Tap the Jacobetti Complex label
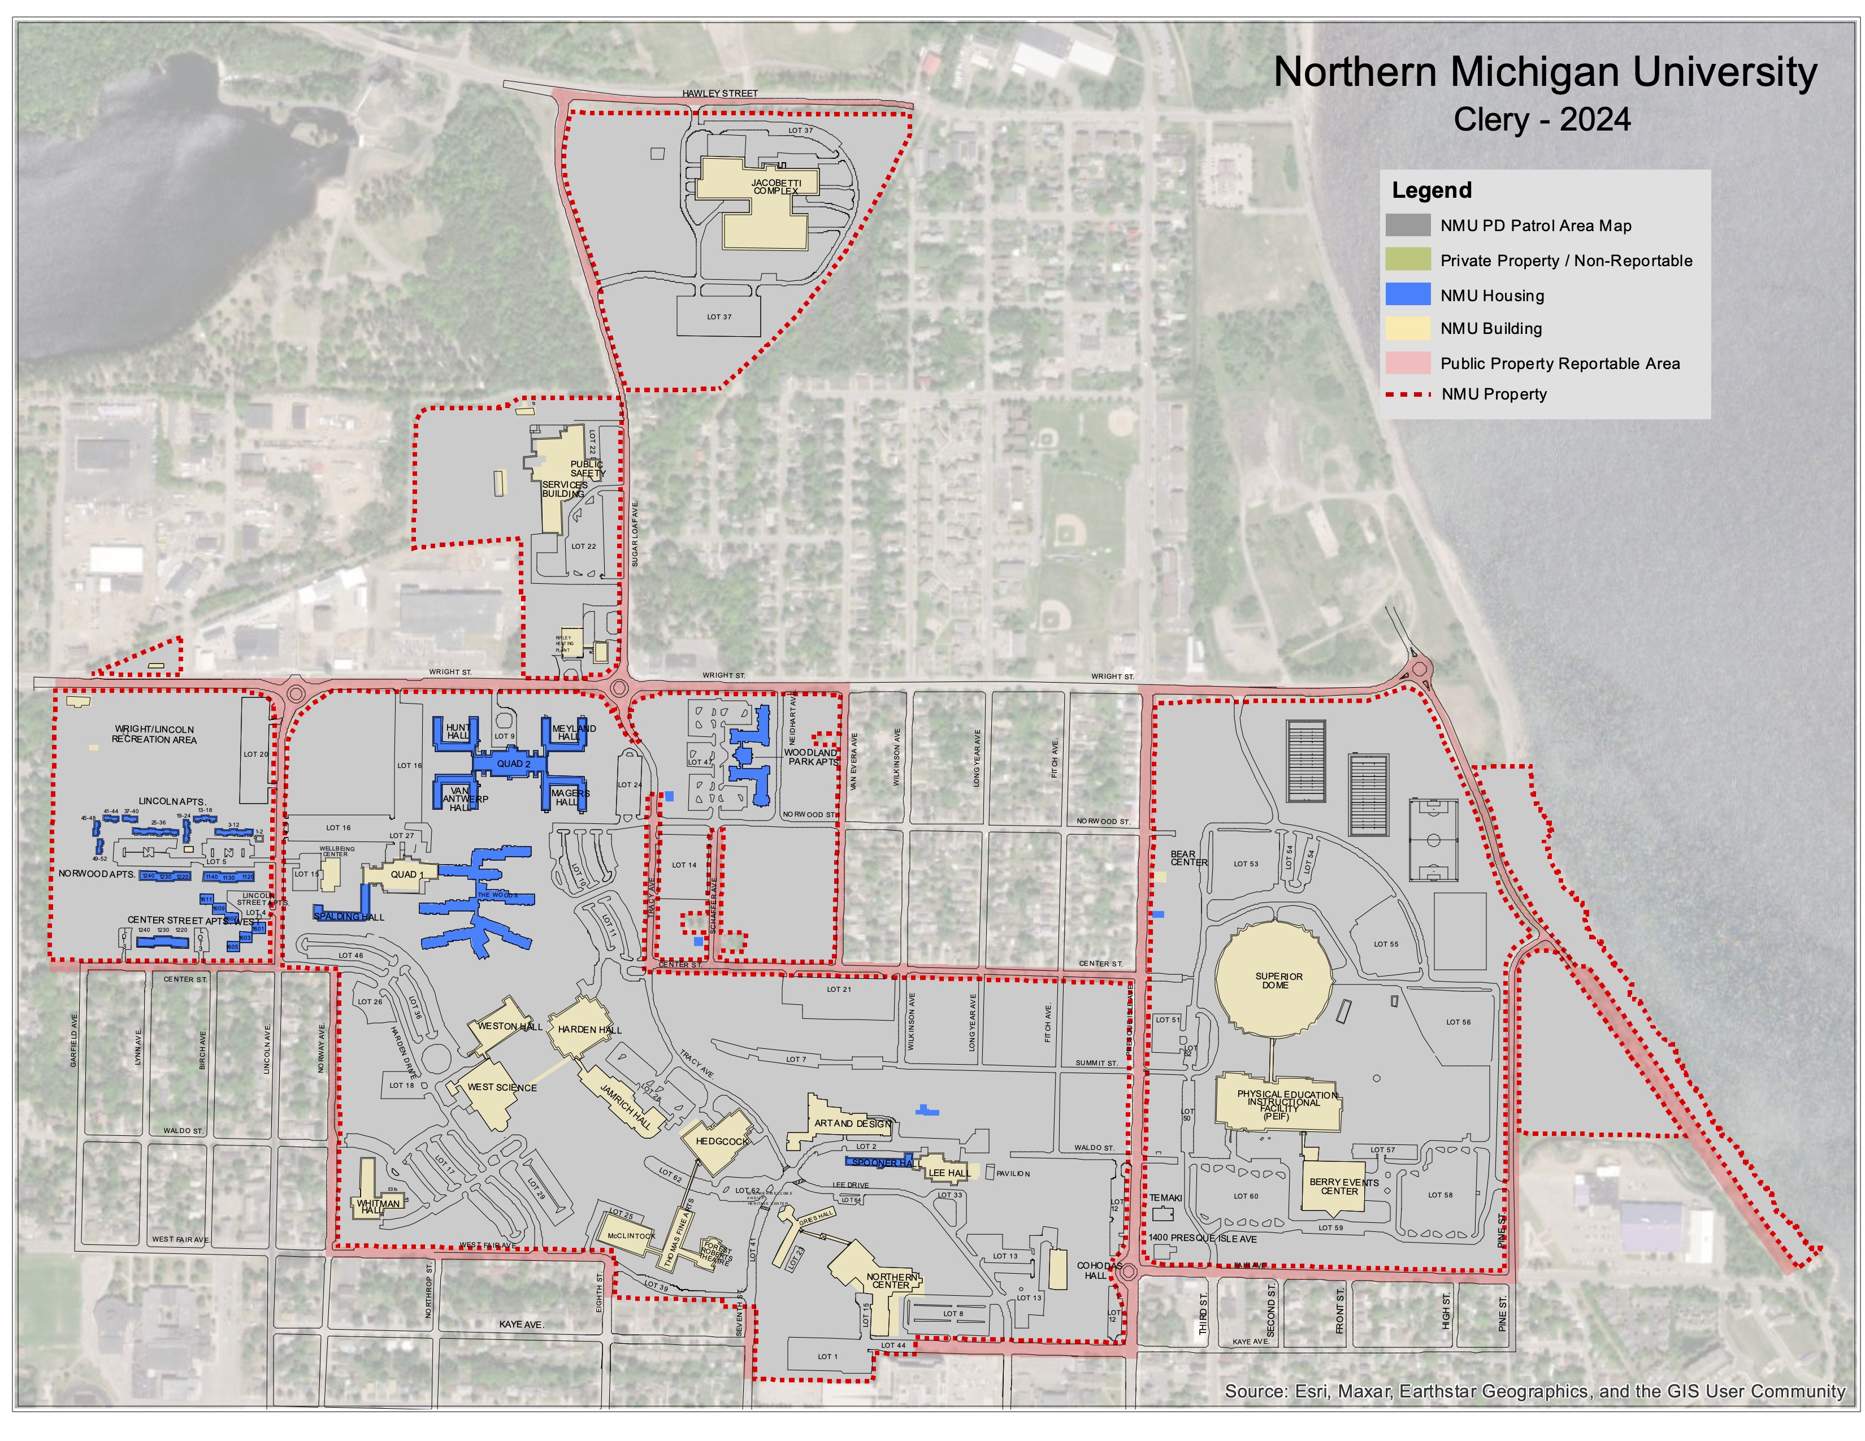tap(775, 187)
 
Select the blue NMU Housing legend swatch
tap(1407, 294)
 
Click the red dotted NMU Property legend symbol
tap(1407, 394)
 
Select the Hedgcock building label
tap(722, 1141)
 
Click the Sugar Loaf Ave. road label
tap(635, 533)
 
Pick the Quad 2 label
tap(513, 764)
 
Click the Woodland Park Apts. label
tap(811, 757)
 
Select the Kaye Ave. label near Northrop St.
tap(521, 1324)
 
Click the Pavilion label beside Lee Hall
tap(1013, 1174)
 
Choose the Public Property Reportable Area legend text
tap(1559, 364)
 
